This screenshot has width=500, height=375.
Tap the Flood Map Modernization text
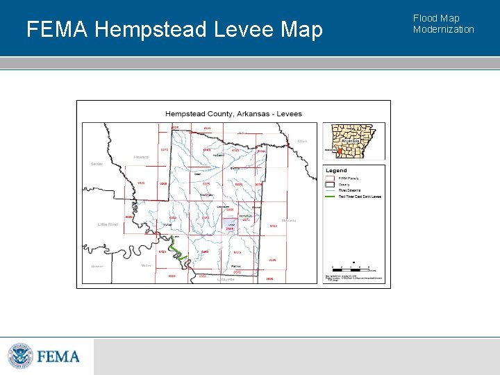[443, 24]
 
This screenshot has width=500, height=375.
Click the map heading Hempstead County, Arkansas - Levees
[233, 114]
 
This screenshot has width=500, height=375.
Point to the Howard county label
[141, 157]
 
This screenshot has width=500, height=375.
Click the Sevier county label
[97, 164]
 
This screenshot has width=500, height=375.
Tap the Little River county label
[108, 224]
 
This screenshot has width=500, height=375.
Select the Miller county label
[146, 265]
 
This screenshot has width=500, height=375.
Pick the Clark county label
[302, 141]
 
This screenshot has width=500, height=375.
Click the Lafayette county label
[226, 279]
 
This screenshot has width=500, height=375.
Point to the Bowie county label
[97, 266]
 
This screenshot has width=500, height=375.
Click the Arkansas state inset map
[355, 140]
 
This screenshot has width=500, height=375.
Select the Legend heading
[336, 171]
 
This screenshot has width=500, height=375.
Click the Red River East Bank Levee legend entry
[358, 197]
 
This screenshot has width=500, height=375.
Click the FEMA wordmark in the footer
[58, 357]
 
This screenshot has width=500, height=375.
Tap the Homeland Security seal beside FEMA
[20, 356]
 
